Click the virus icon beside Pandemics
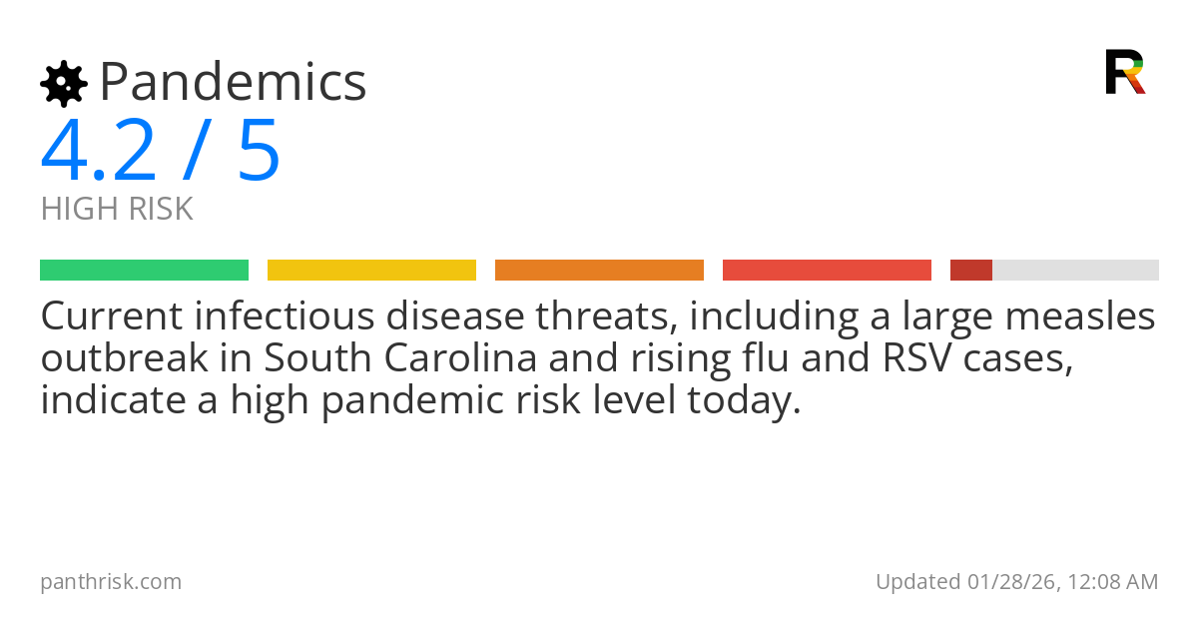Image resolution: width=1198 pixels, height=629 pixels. point(63,84)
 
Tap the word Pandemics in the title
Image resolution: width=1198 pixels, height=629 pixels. point(234,82)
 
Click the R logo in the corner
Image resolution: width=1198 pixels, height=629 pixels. point(1124,72)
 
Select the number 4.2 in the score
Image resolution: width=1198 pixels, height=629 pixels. point(98,151)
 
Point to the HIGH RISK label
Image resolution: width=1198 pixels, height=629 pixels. point(117,210)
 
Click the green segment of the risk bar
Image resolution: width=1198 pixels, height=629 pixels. point(144,271)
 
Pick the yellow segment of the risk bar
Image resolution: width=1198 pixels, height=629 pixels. point(371,271)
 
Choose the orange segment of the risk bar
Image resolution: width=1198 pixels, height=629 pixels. point(599,271)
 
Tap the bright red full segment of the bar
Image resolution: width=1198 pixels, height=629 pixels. point(827,271)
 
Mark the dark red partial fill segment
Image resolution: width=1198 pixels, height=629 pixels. point(970,271)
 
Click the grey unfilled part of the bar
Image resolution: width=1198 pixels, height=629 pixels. point(1075,271)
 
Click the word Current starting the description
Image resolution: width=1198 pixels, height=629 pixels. point(112,317)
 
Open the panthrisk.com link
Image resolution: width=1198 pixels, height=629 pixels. point(111,582)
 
